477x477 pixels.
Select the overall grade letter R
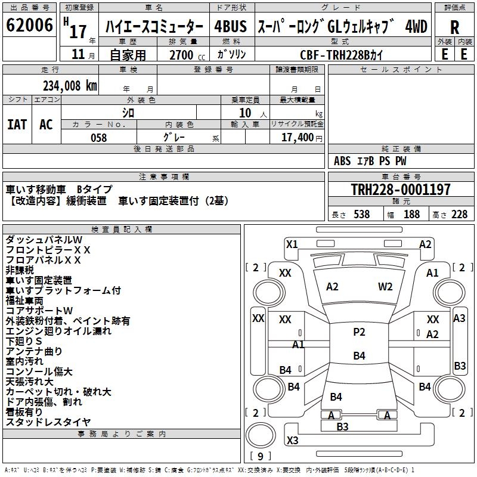[x=454, y=27]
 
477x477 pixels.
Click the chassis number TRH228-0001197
[x=401, y=190]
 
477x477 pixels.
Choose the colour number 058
[x=98, y=138]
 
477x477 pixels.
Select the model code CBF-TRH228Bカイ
[x=342, y=55]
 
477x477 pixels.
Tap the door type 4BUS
[x=230, y=27]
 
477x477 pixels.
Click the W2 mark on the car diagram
[x=385, y=287]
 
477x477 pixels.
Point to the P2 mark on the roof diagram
[x=359, y=332]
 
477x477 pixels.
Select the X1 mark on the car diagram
[x=292, y=244]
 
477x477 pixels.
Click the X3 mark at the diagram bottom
[x=292, y=441]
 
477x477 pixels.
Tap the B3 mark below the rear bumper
[x=342, y=426]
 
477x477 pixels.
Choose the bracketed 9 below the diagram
[x=260, y=457]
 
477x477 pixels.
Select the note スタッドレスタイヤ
[x=48, y=422]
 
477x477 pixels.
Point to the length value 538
[x=361, y=215]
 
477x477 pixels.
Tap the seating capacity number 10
[x=244, y=113]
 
